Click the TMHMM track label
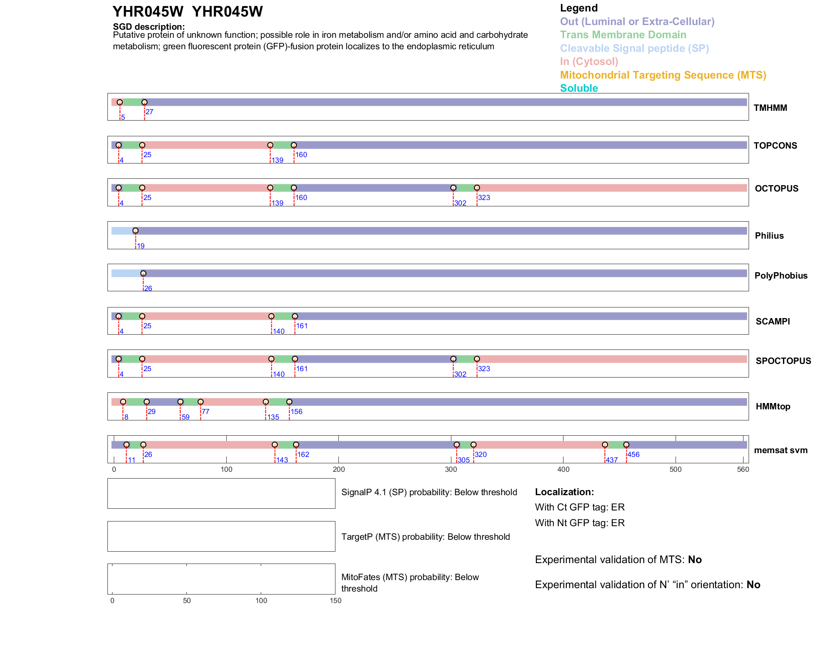[770, 108]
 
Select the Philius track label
[769, 236]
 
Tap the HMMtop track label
[773, 406]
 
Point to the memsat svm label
[780, 450]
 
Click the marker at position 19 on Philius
[135, 231]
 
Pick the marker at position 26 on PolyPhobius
[143, 273]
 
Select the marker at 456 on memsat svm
[626, 445]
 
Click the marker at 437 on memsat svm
[605, 445]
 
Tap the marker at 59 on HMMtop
[180, 402]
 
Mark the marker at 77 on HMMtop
[200, 402]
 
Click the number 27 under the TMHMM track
[149, 112]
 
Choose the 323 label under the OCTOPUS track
[484, 198]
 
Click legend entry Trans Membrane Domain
[623, 35]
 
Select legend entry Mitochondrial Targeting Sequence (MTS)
[663, 75]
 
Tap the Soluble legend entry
[579, 88]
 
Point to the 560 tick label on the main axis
[743, 470]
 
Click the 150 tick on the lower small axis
[335, 601]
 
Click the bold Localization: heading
[564, 492]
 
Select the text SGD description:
[149, 27]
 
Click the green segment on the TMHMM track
[132, 102]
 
